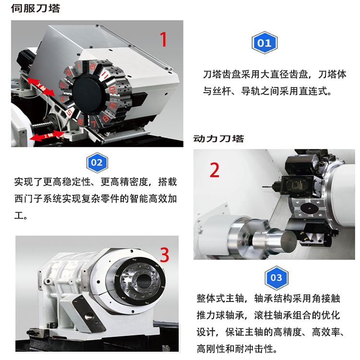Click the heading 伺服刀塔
(x=36, y=9)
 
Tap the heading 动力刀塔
(x=218, y=139)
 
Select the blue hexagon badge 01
(x=264, y=43)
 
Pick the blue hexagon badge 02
(x=97, y=163)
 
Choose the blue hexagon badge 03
(x=276, y=277)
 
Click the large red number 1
(x=164, y=39)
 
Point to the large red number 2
(x=215, y=170)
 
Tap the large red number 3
(x=164, y=255)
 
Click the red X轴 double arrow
(x=41, y=87)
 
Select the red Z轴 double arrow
(x=47, y=136)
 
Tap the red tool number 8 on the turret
(x=106, y=118)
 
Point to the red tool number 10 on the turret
(x=112, y=90)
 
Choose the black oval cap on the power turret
(x=309, y=208)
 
